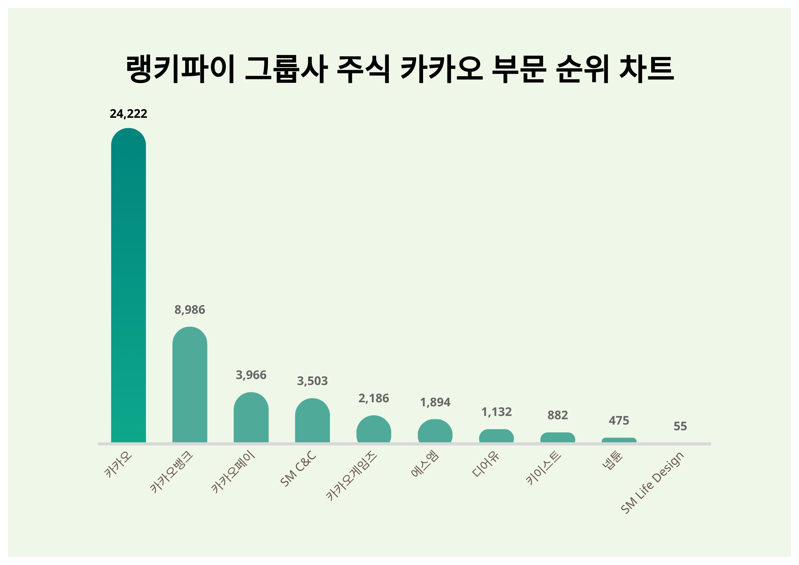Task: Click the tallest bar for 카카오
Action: click(129, 285)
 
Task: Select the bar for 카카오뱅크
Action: click(190, 384)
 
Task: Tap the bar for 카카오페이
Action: click(251, 418)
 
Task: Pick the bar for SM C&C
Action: click(312, 421)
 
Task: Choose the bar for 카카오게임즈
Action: click(374, 429)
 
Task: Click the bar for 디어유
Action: click(496, 436)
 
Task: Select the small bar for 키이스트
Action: click(558, 438)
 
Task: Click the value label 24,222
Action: click(129, 114)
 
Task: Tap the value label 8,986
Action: click(190, 310)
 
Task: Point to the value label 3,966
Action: click(251, 375)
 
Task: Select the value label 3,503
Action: click(312, 381)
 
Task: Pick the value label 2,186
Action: click(374, 398)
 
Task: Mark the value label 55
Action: click(680, 426)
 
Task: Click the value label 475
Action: click(619, 421)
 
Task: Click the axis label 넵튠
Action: click(613, 461)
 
